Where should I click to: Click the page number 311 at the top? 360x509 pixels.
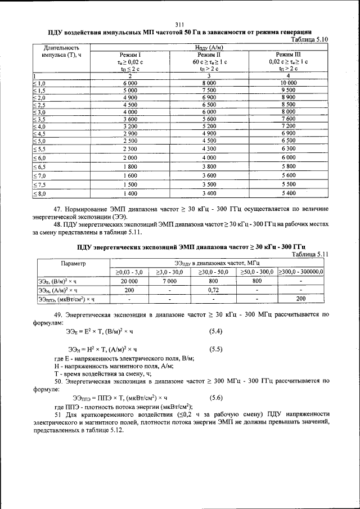click(180, 24)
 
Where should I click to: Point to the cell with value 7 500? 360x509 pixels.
click(208, 90)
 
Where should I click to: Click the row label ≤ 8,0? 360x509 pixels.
click(41, 193)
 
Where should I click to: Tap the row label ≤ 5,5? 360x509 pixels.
click(41, 148)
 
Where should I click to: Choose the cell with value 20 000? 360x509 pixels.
click(129, 280)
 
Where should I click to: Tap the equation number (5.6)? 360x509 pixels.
click(216, 397)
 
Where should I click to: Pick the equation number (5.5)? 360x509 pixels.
click(216, 349)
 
